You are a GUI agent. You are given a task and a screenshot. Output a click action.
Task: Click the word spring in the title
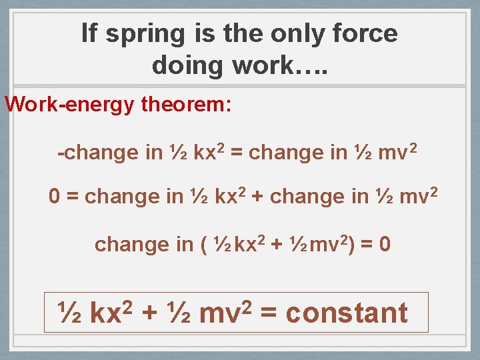[141, 34]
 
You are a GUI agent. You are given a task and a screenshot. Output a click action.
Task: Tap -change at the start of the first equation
[99, 153]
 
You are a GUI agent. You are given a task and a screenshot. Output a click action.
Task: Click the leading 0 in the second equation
[55, 197]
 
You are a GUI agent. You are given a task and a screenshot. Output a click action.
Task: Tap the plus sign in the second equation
[257, 197]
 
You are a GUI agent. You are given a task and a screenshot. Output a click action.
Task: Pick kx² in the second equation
[231, 196]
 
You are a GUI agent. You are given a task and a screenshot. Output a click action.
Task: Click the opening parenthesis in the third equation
[203, 245]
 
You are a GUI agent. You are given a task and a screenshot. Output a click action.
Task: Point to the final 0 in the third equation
[385, 245]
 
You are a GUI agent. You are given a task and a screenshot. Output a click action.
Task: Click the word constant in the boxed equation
[346, 313]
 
